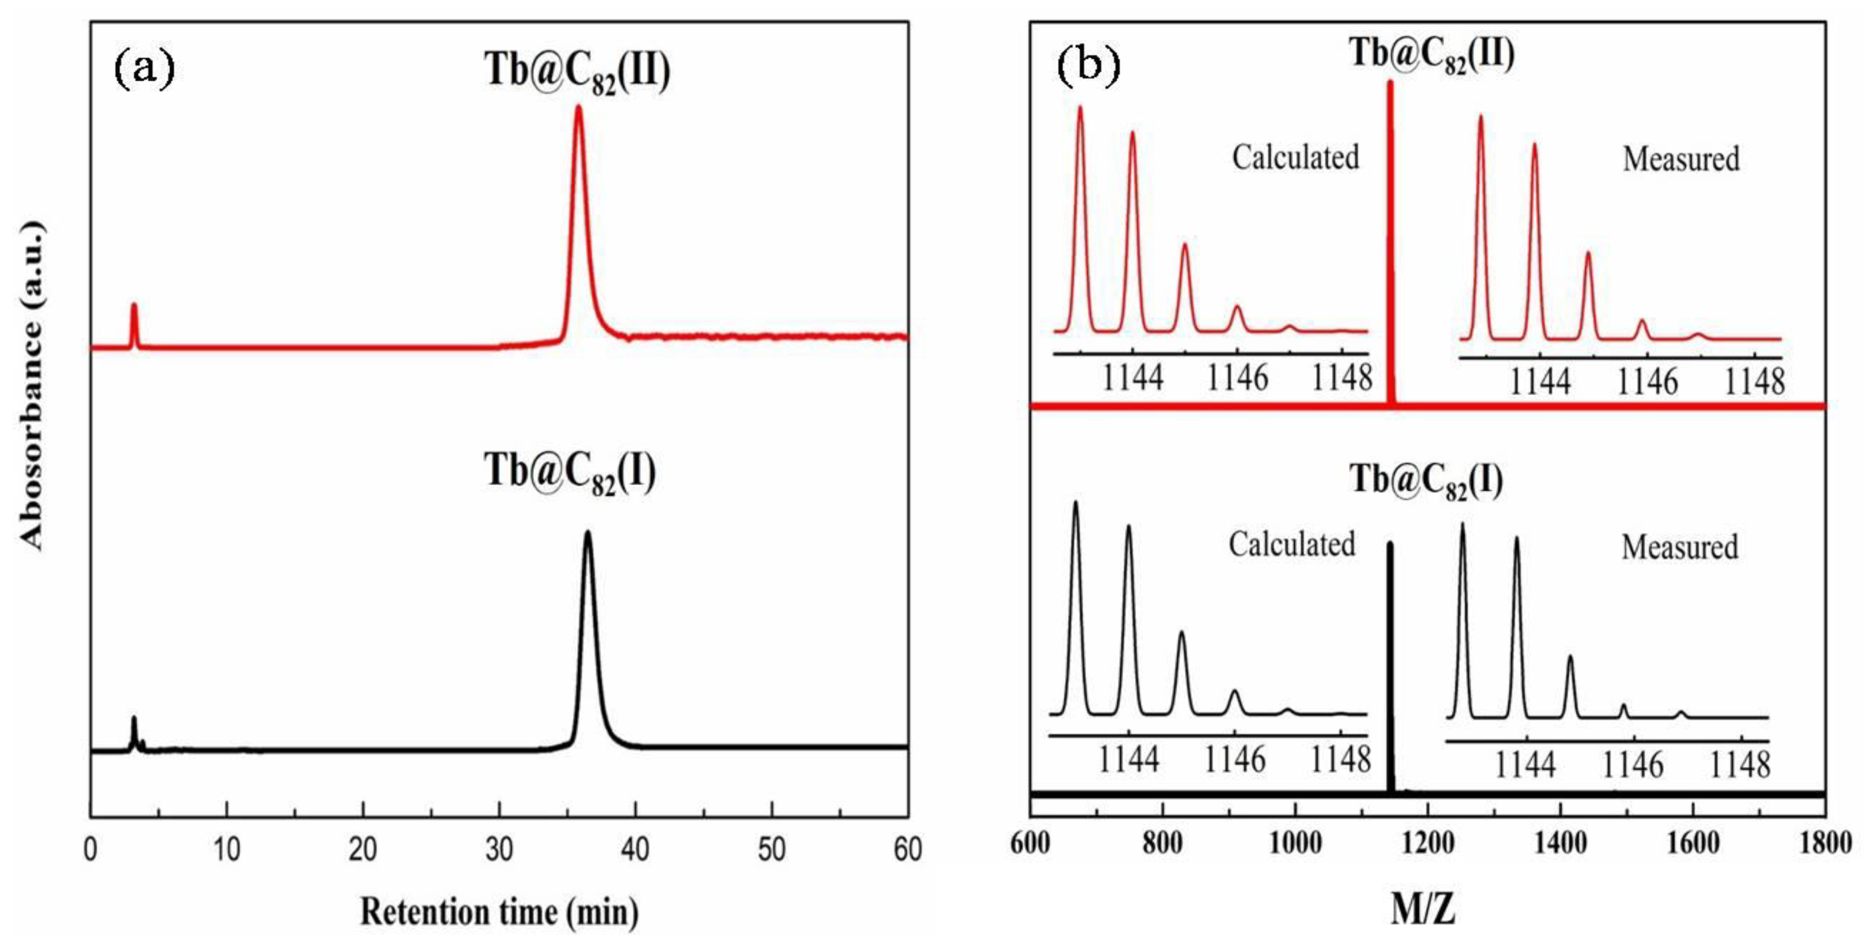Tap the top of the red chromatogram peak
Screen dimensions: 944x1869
tap(578, 108)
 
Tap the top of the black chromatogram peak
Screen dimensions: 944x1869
tap(587, 534)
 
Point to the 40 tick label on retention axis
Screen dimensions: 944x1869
tap(635, 849)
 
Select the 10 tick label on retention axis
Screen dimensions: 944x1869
tap(227, 849)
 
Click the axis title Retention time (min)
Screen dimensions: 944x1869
tap(499, 911)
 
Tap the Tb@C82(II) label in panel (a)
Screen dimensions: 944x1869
tap(578, 73)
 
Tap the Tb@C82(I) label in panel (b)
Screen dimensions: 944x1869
tap(1426, 480)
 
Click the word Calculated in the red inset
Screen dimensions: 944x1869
tap(1295, 157)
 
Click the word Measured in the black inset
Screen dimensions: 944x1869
tap(1680, 547)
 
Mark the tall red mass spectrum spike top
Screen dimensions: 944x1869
tap(1390, 84)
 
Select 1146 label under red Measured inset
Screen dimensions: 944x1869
tap(1647, 382)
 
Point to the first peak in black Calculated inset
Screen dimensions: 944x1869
tap(1075, 503)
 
